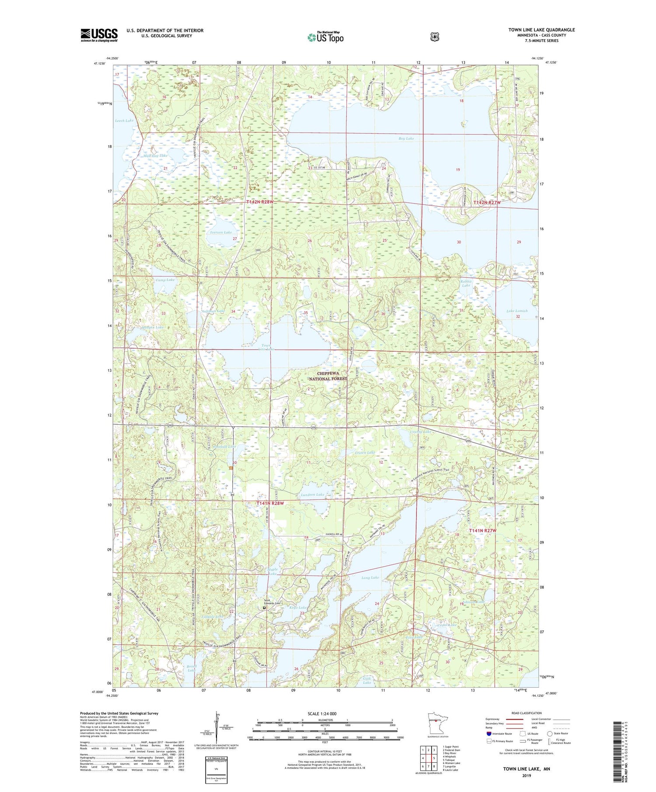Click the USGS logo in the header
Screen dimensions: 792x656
coord(99,35)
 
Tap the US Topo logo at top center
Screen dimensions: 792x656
coord(325,37)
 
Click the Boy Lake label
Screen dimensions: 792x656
coord(406,138)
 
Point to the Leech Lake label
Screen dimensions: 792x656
coord(124,121)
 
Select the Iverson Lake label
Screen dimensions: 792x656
coord(221,232)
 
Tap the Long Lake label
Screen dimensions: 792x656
coord(370,578)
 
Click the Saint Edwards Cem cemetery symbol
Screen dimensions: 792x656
coord(264,607)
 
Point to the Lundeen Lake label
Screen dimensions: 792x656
coord(313,495)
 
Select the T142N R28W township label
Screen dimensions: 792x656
coord(259,202)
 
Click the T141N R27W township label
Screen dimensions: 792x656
coord(483,530)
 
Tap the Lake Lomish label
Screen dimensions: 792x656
coord(517,311)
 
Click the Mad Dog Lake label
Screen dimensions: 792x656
coord(155,156)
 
